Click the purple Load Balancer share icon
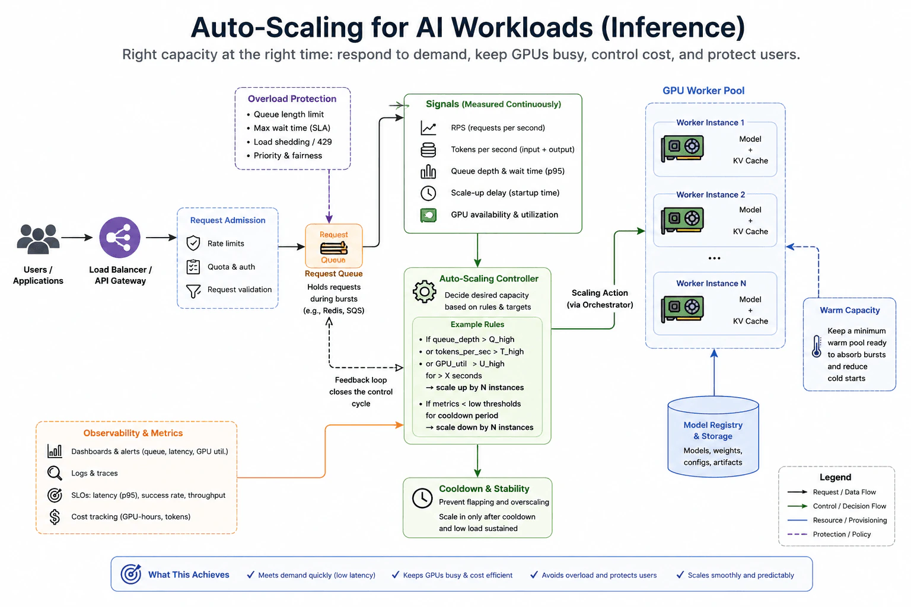point(120,237)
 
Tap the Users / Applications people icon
point(38,239)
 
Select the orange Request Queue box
point(333,246)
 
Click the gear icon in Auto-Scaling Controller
point(424,292)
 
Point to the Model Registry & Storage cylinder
point(713,436)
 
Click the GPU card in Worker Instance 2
point(682,221)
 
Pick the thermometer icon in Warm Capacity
point(816,346)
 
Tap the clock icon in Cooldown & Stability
point(422,498)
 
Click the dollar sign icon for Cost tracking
point(55,517)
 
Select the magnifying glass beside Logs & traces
point(55,473)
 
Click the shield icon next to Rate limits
point(193,243)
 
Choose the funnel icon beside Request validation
point(193,290)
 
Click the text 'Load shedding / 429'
point(293,142)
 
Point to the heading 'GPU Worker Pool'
point(703,91)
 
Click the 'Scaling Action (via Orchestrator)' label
point(600,299)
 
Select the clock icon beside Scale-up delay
point(428,193)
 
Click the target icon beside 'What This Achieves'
point(131,574)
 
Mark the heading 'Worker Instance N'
point(711,283)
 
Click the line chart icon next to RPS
point(428,128)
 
